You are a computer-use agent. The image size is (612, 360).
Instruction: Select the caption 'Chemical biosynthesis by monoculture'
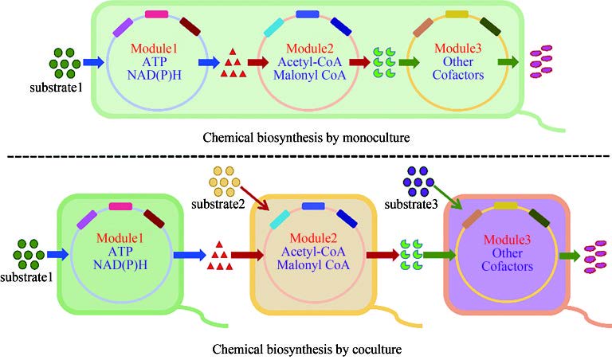pos(307,138)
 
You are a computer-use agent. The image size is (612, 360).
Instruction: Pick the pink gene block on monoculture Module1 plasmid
pos(156,14)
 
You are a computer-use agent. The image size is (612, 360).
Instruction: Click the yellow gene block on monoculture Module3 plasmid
pos(457,14)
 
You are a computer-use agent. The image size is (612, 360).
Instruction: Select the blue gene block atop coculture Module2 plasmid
pos(312,206)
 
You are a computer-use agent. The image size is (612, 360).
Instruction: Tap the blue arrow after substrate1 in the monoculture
pos(94,61)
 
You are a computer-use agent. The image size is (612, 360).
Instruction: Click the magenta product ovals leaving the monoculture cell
pos(541,61)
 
